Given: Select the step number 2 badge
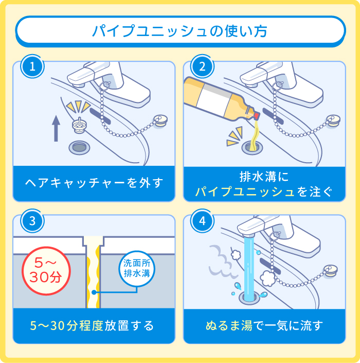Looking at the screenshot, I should pyautogui.click(x=202, y=66).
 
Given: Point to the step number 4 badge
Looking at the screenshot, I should pyautogui.click(x=202, y=221).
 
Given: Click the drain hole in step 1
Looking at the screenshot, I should pyautogui.click(x=78, y=147).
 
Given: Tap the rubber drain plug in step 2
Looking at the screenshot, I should pyautogui.click(x=332, y=121).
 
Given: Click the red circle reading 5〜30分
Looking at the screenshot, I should pyautogui.click(x=45, y=270).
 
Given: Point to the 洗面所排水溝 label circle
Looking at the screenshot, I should pyautogui.click(x=136, y=268).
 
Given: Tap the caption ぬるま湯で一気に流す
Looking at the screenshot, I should pyautogui.click(x=264, y=325).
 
